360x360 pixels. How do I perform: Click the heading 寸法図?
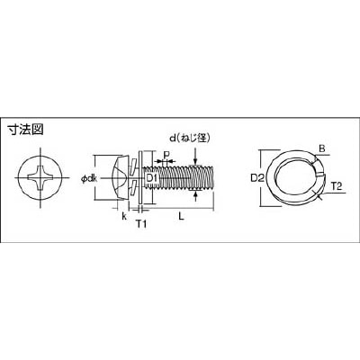25,130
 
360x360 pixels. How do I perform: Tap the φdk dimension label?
88,179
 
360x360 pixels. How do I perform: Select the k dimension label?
124,216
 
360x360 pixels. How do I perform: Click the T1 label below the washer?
141,223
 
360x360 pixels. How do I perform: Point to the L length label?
181,216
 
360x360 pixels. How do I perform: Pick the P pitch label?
166,155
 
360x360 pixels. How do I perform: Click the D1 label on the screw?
152,178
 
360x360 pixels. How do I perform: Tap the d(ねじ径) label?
189,139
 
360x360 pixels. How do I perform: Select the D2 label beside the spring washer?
256,178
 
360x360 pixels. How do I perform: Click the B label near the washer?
321,148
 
